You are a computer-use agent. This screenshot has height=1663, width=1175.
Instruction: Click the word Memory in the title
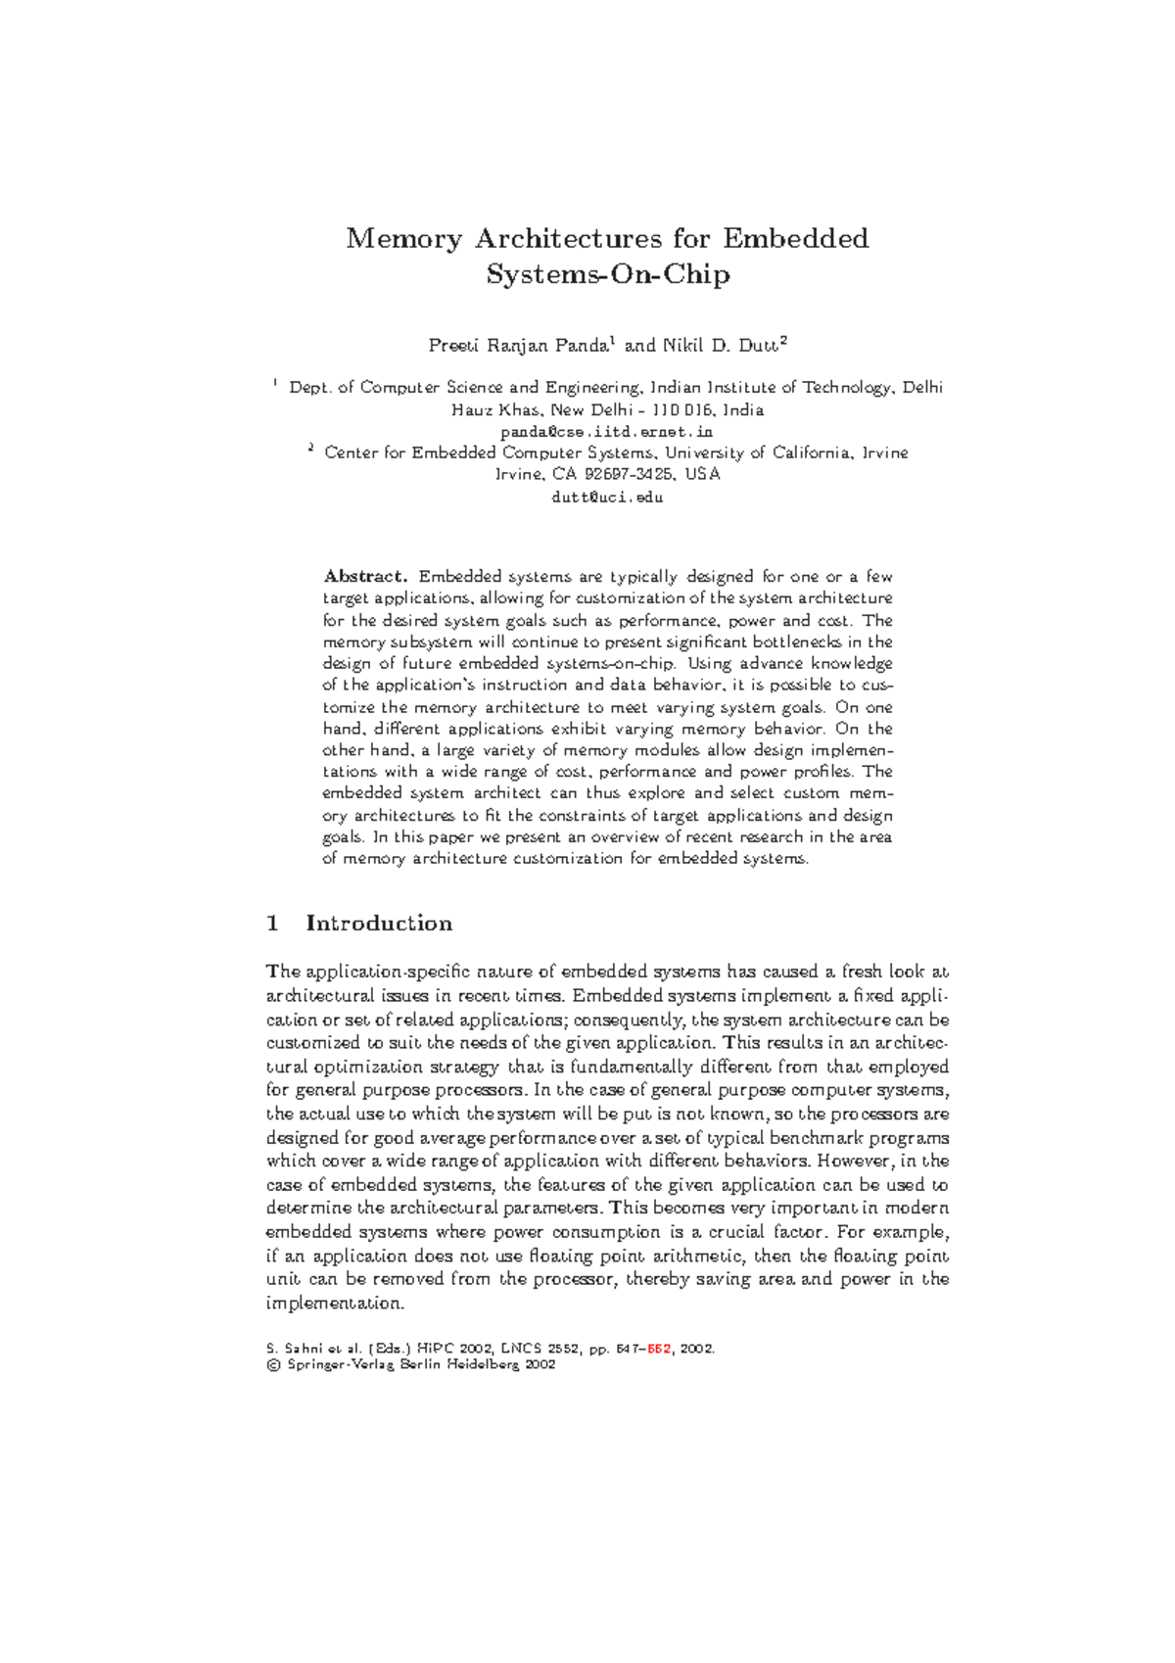pos(403,239)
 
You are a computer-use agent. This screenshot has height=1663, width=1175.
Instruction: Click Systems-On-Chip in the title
pos(608,274)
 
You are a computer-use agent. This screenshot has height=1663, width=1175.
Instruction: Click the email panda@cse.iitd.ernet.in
pos(607,432)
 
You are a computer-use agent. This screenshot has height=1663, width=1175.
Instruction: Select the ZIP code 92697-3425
pos(628,475)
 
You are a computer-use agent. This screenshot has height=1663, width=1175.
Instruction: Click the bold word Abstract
pos(364,577)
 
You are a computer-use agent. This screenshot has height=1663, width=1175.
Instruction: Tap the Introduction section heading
pos(379,924)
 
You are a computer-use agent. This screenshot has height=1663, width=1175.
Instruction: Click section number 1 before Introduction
pos(273,924)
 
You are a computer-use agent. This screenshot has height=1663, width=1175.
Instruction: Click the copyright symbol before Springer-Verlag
pos(272,1364)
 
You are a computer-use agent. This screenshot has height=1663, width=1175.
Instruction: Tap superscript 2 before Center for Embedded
pos(310,449)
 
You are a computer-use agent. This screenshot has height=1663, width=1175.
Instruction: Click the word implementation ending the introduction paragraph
pos(334,1304)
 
